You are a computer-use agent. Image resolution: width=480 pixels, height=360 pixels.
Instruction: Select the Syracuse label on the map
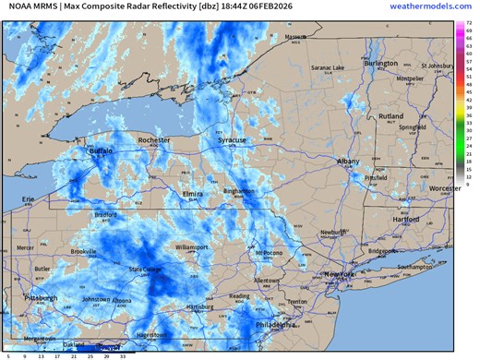(x=232, y=140)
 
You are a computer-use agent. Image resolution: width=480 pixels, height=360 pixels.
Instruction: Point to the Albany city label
(x=349, y=162)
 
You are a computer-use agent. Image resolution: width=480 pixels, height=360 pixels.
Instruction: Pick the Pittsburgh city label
(x=41, y=298)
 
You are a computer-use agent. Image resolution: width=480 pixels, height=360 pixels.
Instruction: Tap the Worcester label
(x=445, y=188)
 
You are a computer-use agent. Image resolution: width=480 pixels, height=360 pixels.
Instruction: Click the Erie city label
(x=29, y=198)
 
